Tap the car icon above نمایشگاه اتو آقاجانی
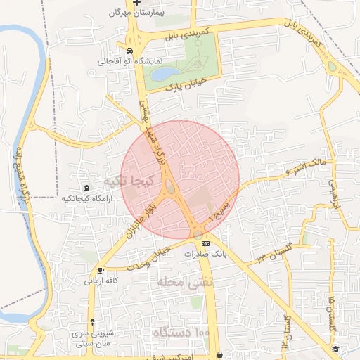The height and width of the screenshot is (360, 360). click(x=130, y=51)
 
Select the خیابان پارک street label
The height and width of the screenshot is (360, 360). click(x=186, y=84)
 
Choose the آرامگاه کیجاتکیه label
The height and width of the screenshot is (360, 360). click(x=86, y=199)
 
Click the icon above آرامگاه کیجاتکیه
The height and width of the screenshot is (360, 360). click(x=86, y=188)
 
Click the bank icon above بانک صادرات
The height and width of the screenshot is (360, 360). click(x=205, y=243)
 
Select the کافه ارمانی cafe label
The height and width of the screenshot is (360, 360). click(x=102, y=281)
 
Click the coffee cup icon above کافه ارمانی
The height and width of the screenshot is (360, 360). click(x=102, y=270)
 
